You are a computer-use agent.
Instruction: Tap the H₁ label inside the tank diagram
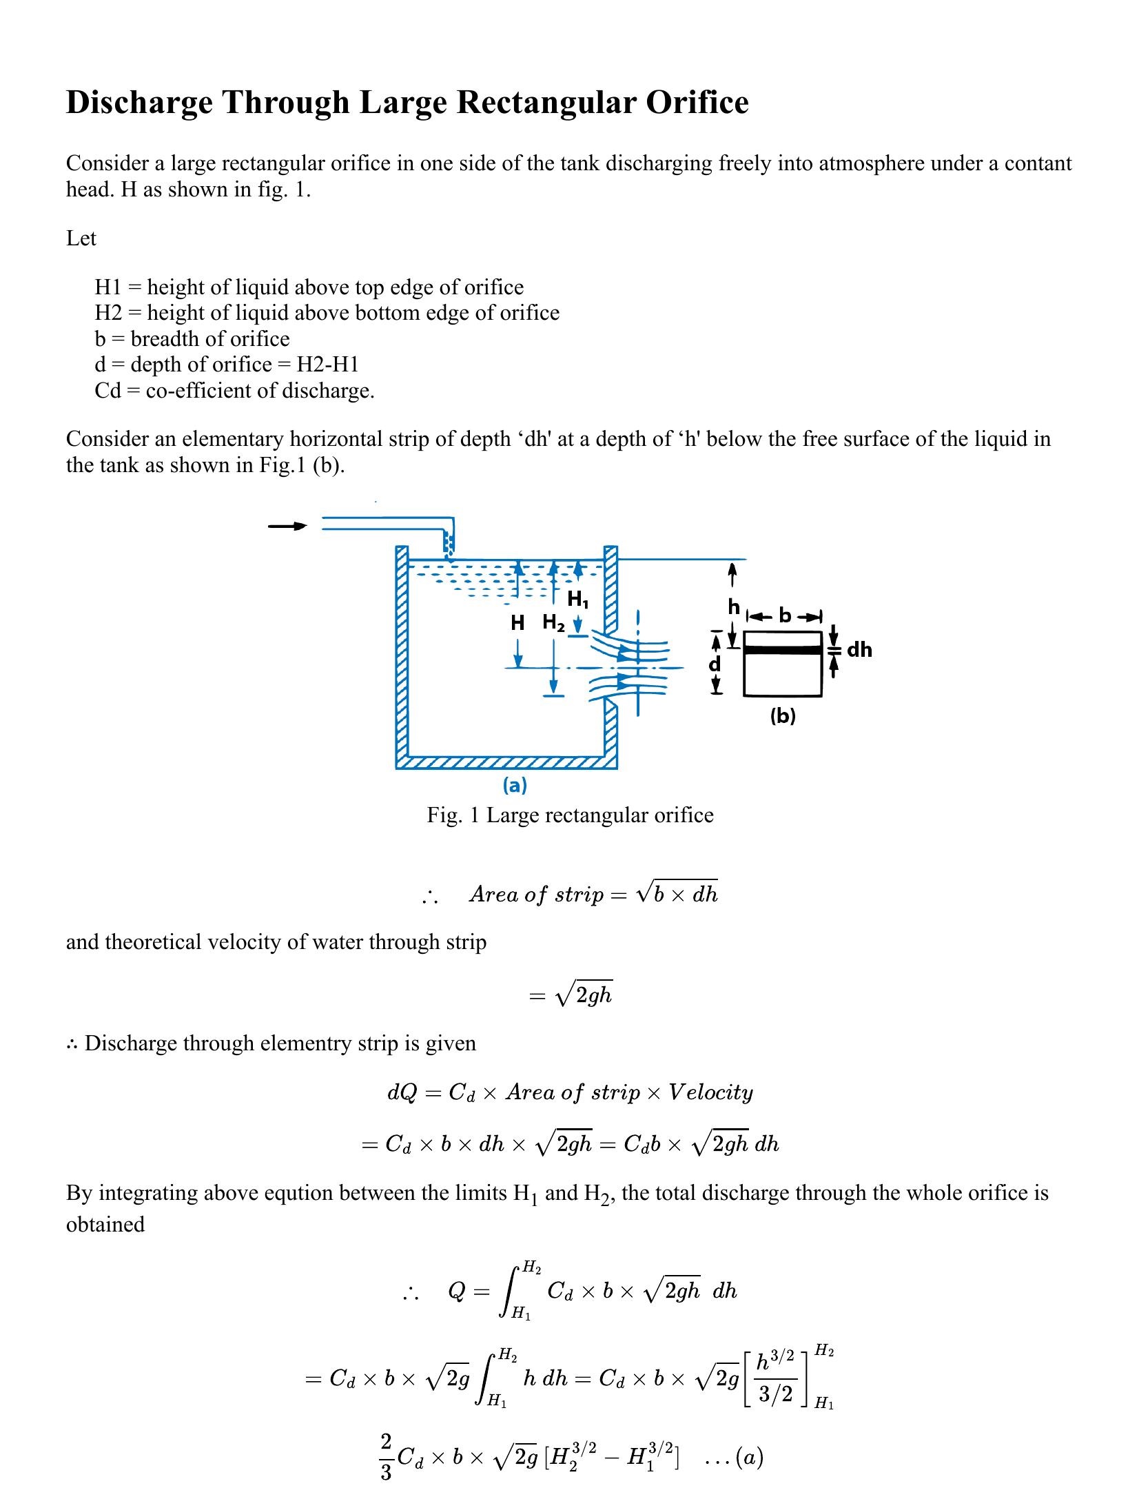[577, 600]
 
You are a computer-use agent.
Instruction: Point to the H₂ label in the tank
[553, 623]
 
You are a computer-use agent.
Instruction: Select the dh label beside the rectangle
[859, 649]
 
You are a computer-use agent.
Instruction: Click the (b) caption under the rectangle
[782, 716]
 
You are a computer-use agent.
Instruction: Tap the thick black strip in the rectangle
[782, 650]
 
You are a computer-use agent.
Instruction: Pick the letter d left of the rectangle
[715, 664]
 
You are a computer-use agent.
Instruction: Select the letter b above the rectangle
[784, 615]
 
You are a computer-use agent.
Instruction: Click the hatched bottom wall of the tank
[506, 763]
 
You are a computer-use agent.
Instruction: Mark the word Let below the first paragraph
[81, 238]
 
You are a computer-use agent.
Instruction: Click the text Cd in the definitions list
[107, 391]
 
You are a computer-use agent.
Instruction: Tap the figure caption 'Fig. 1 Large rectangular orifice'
[570, 815]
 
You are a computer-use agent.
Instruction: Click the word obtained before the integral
[105, 1224]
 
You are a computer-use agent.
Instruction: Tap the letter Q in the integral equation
[456, 1291]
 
